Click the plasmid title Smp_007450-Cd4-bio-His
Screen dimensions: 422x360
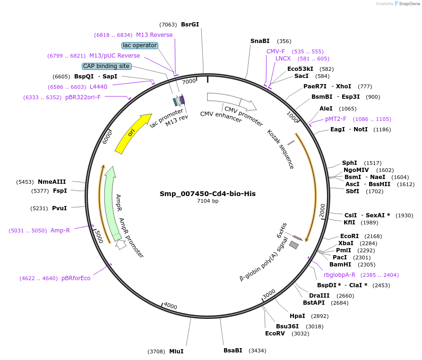click(x=207, y=194)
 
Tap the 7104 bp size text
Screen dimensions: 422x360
click(x=207, y=201)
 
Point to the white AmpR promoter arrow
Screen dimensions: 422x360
click(x=121, y=244)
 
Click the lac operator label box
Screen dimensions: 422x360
click(x=139, y=45)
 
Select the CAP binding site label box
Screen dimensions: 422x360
click(x=106, y=66)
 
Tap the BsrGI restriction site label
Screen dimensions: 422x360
click(x=190, y=25)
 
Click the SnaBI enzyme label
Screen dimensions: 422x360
click(x=259, y=41)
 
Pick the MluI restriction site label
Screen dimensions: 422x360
click(x=176, y=351)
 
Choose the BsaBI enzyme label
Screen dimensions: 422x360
click(x=233, y=350)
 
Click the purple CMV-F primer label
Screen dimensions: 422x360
click(x=276, y=51)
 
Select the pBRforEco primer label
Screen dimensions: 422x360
click(x=76, y=278)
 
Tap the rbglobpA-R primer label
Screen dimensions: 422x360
click(x=339, y=274)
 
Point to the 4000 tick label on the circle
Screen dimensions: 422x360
click(x=170, y=307)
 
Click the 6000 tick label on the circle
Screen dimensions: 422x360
click(x=107, y=137)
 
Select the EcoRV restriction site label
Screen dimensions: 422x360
click(x=275, y=333)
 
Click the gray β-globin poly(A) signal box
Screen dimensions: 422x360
click(x=294, y=245)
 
